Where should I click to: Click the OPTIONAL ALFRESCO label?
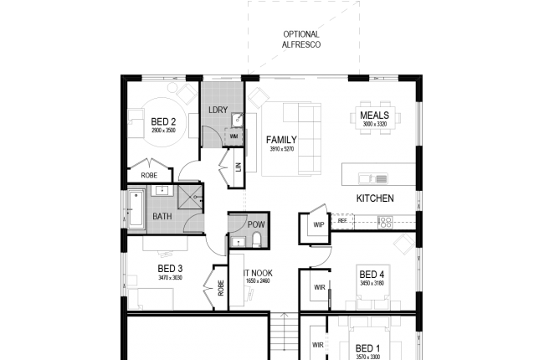pos(300,39)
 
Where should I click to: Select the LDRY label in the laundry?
pos(217,110)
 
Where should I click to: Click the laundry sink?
pos(236,119)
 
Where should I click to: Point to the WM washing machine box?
pos(234,136)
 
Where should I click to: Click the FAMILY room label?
pos(281,140)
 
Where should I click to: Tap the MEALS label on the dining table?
pos(373,116)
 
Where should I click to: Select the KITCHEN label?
pos(374,199)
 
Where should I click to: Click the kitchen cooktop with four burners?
pos(385,222)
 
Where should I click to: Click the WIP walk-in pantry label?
pos(318,224)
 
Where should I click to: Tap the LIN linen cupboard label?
pos(239,167)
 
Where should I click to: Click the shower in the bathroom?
pos(189,198)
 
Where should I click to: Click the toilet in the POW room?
pos(256,240)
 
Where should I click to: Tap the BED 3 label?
pos(169,269)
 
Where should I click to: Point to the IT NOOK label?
pos(257,273)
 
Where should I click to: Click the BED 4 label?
pos(371,275)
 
